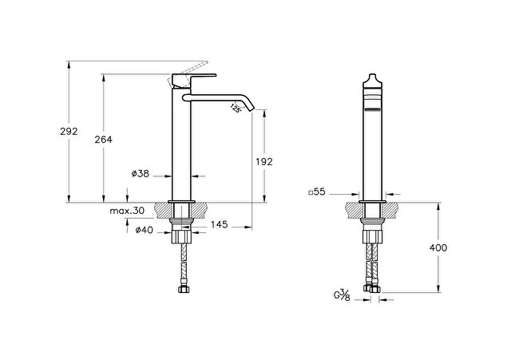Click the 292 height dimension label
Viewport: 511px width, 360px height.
point(69,131)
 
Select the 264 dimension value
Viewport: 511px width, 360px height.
point(103,140)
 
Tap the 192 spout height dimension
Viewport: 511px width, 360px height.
point(264,161)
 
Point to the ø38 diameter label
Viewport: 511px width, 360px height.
point(141,174)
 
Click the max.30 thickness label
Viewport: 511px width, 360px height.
point(127,211)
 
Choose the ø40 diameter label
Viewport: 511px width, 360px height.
point(144,230)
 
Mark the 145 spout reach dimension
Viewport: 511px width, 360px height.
point(219,224)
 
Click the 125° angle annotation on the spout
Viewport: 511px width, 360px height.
point(236,108)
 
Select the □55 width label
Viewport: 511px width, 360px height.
point(316,192)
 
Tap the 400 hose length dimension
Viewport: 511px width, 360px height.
point(438,248)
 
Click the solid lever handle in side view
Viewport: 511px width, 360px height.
point(194,81)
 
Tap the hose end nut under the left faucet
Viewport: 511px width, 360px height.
point(184,289)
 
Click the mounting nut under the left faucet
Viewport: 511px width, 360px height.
point(181,236)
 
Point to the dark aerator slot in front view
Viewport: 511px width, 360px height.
point(373,110)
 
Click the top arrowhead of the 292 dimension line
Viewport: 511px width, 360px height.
point(69,65)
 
